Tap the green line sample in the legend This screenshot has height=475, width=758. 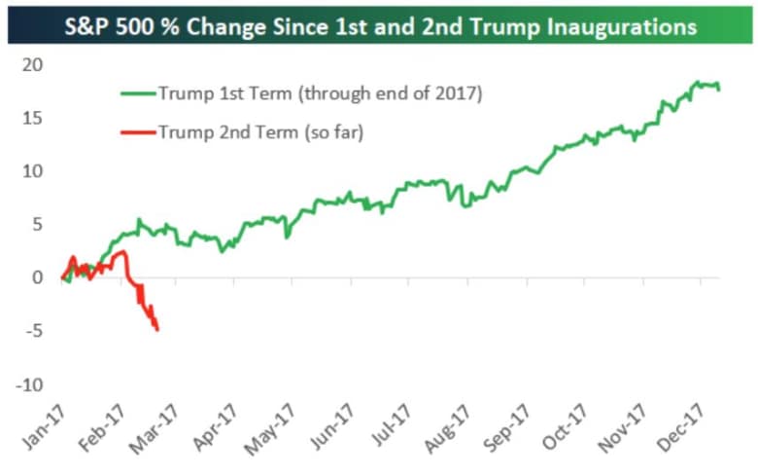140,93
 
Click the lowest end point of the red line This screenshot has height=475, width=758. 157,329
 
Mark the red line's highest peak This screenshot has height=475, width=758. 121,252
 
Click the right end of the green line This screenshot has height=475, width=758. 719,89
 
